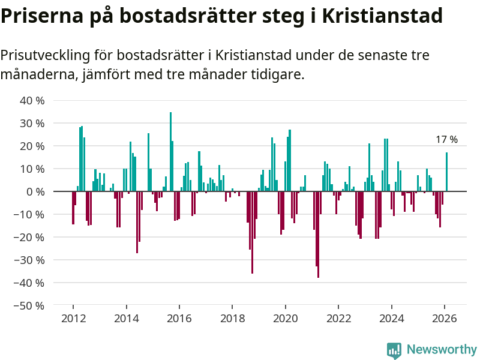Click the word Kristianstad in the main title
tap(383, 16)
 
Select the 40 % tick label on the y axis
tap(32, 101)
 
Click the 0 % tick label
tap(35, 192)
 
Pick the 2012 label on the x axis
tap(73, 319)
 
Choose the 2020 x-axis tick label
tap(285, 319)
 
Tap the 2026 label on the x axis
tap(445, 319)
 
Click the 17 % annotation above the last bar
tap(446, 140)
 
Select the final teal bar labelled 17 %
tap(446, 172)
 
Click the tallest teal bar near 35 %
tap(170, 152)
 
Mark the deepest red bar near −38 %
tap(318, 234)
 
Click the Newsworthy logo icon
tap(394, 350)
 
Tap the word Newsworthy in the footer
tap(442, 350)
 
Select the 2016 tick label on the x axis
tap(179, 319)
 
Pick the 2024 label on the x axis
tap(391, 319)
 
